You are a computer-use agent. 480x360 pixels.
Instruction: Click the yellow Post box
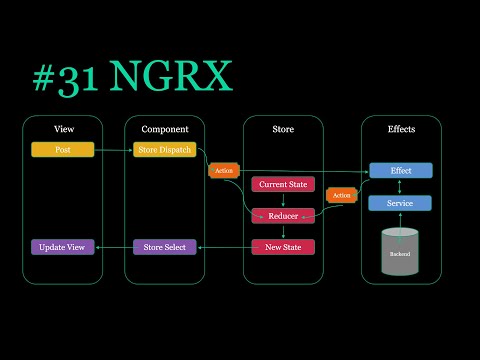62,150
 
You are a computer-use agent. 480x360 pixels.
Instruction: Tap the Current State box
283,184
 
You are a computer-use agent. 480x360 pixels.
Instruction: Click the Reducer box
283,215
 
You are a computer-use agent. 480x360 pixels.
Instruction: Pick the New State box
283,246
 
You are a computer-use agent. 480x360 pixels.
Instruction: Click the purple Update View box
62,246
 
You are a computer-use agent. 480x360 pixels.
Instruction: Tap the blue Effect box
400,171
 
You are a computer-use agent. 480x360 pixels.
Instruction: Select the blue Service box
400,203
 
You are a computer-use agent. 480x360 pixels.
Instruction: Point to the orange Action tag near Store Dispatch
223,171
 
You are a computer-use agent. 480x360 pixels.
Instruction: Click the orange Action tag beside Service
342,195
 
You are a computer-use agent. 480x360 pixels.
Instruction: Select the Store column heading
283,129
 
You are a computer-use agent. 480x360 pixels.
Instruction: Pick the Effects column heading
400,129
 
